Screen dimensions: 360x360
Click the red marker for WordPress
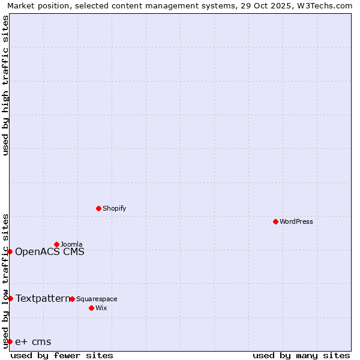(275, 221)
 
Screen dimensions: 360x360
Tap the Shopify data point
(98, 208)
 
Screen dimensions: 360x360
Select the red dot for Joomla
(56, 244)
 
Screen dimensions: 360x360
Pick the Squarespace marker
(72, 299)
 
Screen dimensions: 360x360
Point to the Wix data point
(91, 308)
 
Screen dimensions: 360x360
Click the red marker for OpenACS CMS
(10, 251)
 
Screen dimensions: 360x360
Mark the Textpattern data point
(10, 298)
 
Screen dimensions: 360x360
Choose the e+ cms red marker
(10, 341)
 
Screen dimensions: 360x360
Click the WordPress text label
(296, 221)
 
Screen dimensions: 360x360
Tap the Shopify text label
(114, 208)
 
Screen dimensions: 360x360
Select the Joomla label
(71, 244)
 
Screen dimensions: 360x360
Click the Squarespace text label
(97, 299)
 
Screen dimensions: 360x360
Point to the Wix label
(101, 308)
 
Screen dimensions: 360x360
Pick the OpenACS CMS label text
(50, 251)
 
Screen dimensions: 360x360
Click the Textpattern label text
(43, 298)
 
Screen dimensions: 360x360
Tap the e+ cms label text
(33, 341)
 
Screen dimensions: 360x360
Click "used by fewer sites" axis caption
(62, 355)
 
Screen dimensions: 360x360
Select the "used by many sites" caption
(301, 355)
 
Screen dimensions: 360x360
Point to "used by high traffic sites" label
(5, 85)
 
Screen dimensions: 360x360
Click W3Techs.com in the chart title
(323, 5)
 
